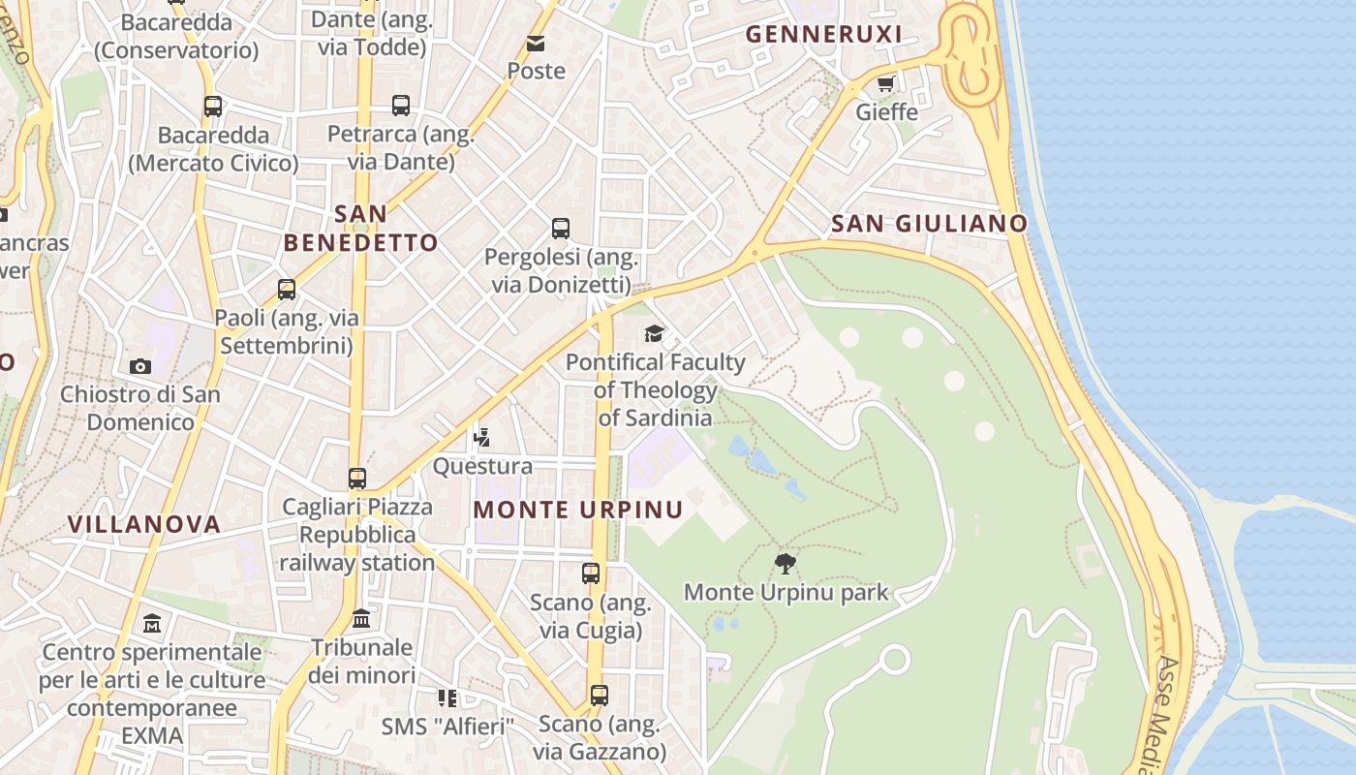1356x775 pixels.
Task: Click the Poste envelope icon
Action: coord(536,44)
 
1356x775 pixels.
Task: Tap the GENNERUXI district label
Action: coord(823,35)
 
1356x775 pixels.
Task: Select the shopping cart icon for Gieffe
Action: coord(885,84)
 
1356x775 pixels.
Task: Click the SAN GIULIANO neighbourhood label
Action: coord(929,224)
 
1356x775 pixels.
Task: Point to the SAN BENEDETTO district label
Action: coord(360,229)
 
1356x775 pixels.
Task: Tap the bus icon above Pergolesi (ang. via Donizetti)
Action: coord(561,229)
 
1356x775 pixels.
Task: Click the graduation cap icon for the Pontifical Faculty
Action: coord(655,334)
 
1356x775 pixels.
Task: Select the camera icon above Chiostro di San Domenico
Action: coord(140,366)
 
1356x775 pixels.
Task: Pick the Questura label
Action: coord(482,466)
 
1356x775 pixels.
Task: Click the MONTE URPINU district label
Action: coord(577,510)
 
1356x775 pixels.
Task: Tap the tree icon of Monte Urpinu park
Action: coord(786,563)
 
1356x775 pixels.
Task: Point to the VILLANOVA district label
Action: coord(144,524)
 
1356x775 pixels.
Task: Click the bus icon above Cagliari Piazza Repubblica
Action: coord(357,478)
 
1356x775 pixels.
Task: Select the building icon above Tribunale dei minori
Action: coord(361,618)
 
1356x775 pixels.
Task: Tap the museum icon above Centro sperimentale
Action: coord(152,623)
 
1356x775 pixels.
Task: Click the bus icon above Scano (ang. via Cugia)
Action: coord(591,573)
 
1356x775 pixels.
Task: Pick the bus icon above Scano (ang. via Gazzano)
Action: coord(600,695)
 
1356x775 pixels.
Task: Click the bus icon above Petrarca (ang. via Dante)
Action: coord(401,106)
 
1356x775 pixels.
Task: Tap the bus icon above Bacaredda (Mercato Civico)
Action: coord(213,107)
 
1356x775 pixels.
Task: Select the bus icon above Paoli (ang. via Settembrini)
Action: coord(287,289)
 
